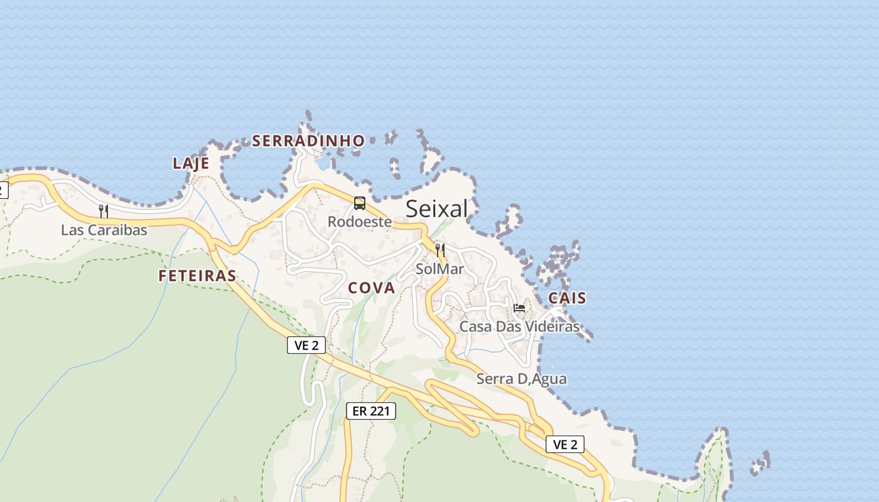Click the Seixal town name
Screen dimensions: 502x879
[436, 208]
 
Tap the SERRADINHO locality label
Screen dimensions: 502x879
[308, 141]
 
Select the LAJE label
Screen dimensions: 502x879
[190, 163]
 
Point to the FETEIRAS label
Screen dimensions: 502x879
[197, 275]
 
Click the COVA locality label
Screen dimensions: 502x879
[371, 288]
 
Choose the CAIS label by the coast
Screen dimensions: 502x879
[567, 298]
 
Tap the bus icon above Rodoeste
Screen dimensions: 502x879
[360, 203]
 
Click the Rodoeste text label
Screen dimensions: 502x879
[360, 222]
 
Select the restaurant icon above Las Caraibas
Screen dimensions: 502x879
[104, 211]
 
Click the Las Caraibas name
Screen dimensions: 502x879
[104, 230]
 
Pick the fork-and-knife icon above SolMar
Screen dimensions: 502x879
[440, 250]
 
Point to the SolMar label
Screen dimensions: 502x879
[439, 269]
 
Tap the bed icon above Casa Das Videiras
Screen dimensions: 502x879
[519, 307]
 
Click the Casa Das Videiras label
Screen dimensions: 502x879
[519, 326]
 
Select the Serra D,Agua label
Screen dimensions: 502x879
[521, 378]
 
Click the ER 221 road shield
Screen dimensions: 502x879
[371, 411]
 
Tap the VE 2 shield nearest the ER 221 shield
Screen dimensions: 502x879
[306, 344]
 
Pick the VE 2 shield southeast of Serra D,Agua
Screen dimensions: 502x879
[565, 444]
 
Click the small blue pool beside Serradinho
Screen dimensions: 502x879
[323, 164]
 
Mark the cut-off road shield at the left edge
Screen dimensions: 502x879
[3, 189]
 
